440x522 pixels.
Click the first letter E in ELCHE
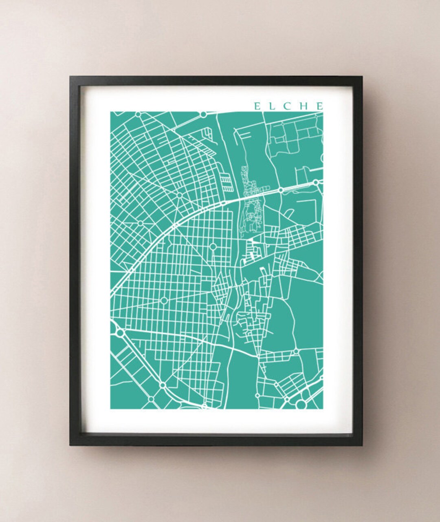257,106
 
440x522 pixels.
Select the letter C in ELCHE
287,106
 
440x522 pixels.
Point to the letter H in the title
303,106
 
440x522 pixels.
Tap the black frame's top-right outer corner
362,76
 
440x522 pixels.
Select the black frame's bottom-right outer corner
362,446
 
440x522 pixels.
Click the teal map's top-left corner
110,112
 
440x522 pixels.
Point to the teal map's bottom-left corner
110,408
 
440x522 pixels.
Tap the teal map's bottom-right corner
323,408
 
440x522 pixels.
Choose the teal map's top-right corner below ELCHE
323,112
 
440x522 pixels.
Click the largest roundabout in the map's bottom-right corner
301,404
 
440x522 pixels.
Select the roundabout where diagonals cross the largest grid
164,301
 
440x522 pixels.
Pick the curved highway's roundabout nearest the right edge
315,183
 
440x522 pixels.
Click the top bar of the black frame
216,80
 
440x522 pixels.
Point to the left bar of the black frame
74,261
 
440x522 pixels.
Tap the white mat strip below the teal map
216,420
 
